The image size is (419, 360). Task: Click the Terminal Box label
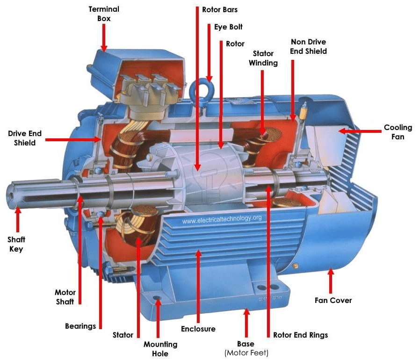[x=103, y=14]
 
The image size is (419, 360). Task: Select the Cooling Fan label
[x=398, y=132]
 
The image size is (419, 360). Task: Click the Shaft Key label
[x=16, y=245]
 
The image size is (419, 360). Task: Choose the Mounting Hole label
[x=160, y=349]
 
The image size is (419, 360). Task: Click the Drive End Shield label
[x=25, y=138]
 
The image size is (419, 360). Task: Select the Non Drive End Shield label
[x=309, y=46]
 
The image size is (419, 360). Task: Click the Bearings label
[x=80, y=326]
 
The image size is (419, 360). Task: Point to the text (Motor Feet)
[x=246, y=353]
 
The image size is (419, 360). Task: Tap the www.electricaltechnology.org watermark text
[x=222, y=219]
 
